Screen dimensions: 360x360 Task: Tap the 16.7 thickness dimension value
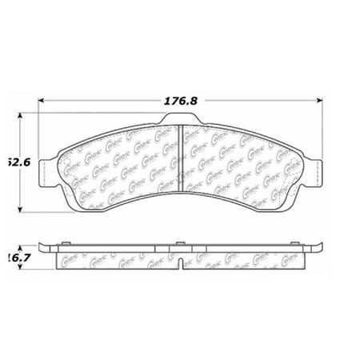[12, 256]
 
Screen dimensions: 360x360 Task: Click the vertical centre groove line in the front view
[181, 160]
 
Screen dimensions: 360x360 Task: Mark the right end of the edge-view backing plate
[319, 246]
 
